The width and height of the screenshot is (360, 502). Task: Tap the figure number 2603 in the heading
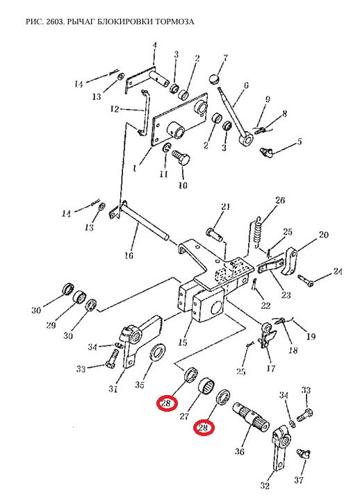(x=56, y=22)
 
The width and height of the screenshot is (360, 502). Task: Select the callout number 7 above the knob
(x=226, y=58)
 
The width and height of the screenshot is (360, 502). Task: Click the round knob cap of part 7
(x=215, y=78)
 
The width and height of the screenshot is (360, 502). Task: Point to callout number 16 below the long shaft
(x=129, y=256)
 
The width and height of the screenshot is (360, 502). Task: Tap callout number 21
(x=225, y=206)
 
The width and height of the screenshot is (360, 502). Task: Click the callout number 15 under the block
(x=182, y=342)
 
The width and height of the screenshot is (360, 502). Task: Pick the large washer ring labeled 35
(x=157, y=353)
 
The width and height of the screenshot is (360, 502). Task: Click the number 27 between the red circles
(x=184, y=416)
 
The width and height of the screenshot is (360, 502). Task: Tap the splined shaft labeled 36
(x=250, y=415)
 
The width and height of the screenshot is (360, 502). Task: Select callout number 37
(x=299, y=480)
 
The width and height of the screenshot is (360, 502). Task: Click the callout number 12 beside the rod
(x=115, y=109)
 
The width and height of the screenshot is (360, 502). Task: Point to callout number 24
(x=338, y=271)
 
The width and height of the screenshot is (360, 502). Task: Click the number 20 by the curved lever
(x=323, y=235)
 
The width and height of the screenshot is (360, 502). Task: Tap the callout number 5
(x=300, y=141)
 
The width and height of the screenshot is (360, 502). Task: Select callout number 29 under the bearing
(x=51, y=325)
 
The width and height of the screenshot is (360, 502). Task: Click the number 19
(x=311, y=336)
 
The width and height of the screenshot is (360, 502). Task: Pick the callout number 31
(x=113, y=389)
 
